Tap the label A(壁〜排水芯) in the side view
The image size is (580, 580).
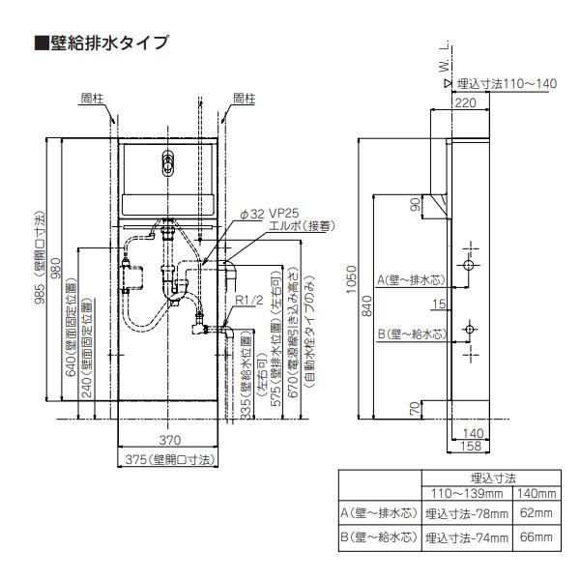(411, 278)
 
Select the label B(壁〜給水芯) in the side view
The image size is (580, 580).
(411, 333)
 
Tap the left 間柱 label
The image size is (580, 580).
(93, 99)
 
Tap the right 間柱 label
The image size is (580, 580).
(244, 99)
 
